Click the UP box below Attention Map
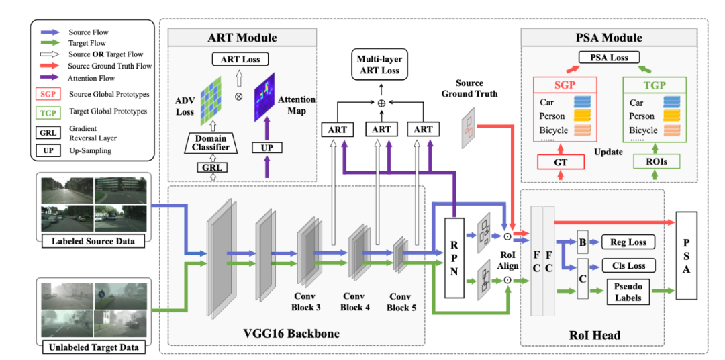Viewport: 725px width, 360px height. (x=267, y=146)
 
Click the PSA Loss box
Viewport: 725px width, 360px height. (x=609, y=58)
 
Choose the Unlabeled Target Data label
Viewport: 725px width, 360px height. (x=94, y=347)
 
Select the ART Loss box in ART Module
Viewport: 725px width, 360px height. (x=240, y=60)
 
